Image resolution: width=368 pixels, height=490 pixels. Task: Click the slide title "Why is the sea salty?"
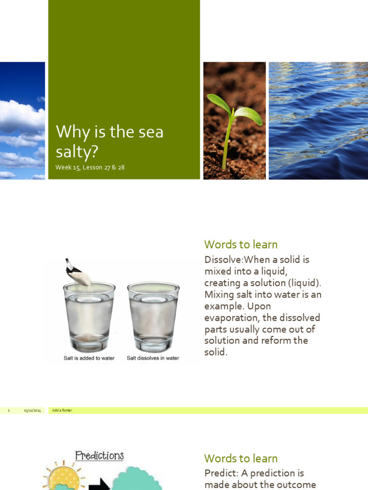(109, 141)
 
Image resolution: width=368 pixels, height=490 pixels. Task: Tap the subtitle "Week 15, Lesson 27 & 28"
(90, 167)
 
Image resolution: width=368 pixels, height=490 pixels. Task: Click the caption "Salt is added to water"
(89, 358)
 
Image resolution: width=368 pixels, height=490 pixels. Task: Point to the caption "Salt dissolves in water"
(153, 358)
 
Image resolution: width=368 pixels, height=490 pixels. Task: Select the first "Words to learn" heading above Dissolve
(241, 245)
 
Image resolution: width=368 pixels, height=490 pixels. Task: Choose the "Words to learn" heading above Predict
(241, 458)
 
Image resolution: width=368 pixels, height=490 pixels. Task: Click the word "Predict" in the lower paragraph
(221, 473)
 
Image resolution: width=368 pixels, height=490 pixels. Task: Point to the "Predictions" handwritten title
(99, 456)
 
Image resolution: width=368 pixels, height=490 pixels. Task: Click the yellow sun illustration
(62, 476)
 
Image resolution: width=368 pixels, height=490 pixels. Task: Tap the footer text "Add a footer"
(62, 411)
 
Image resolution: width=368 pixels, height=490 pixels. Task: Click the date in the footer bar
(32, 411)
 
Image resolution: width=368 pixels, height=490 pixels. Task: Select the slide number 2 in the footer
(9, 411)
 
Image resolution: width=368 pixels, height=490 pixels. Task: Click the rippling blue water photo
(318, 121)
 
